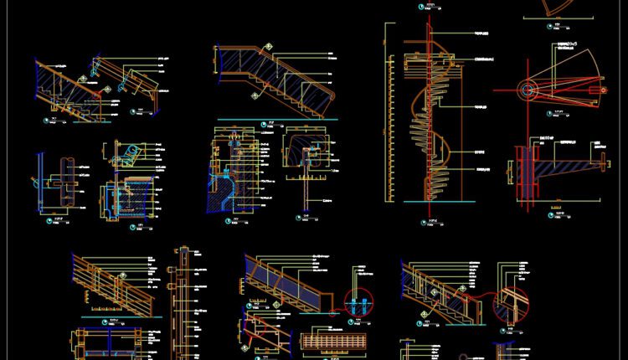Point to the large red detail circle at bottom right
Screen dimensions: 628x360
coord(512,306)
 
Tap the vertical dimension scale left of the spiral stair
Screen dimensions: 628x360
coord(390,117)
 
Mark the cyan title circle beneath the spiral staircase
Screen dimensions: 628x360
coord(424,222)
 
